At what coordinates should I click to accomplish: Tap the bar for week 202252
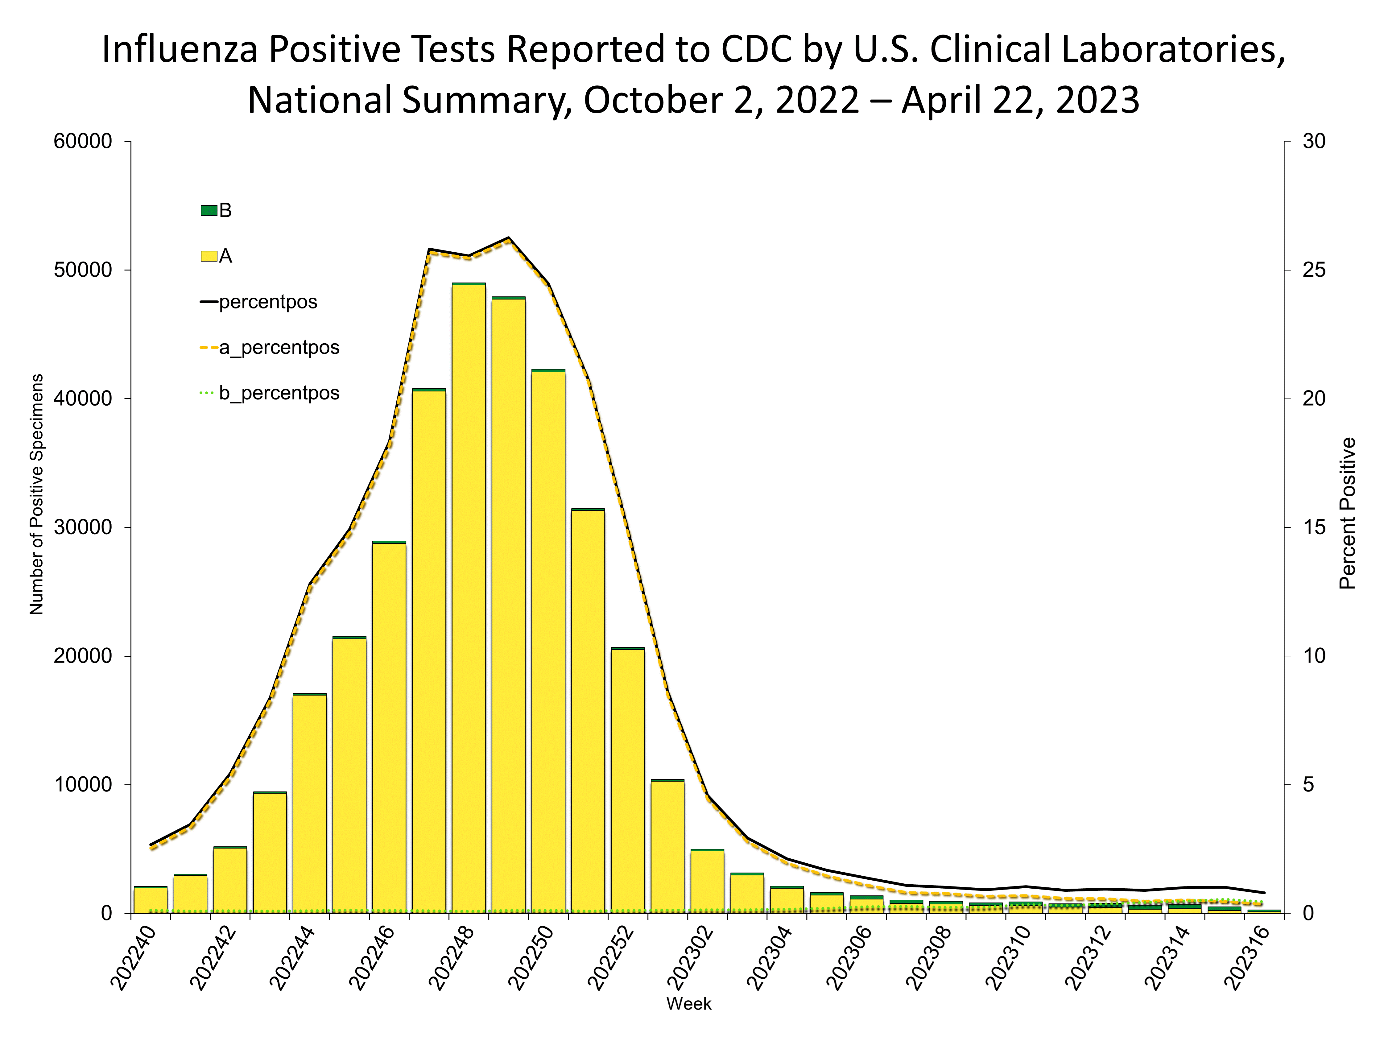pyautogui.click(x=627, y=781)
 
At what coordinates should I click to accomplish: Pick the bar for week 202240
pyautogui.click(x=151, y=900)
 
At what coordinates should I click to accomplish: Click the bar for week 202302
pyautogui.click(x=707, y=882)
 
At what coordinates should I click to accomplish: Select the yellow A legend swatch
pyautogui.click(x=208, y=256)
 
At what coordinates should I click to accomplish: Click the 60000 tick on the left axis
pyautogui.click(x=83, y=141)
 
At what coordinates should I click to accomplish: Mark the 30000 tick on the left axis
pyautogui.click(x=83, y=527)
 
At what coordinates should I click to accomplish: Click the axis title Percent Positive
pyautogui.click(x=1348, y=513)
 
